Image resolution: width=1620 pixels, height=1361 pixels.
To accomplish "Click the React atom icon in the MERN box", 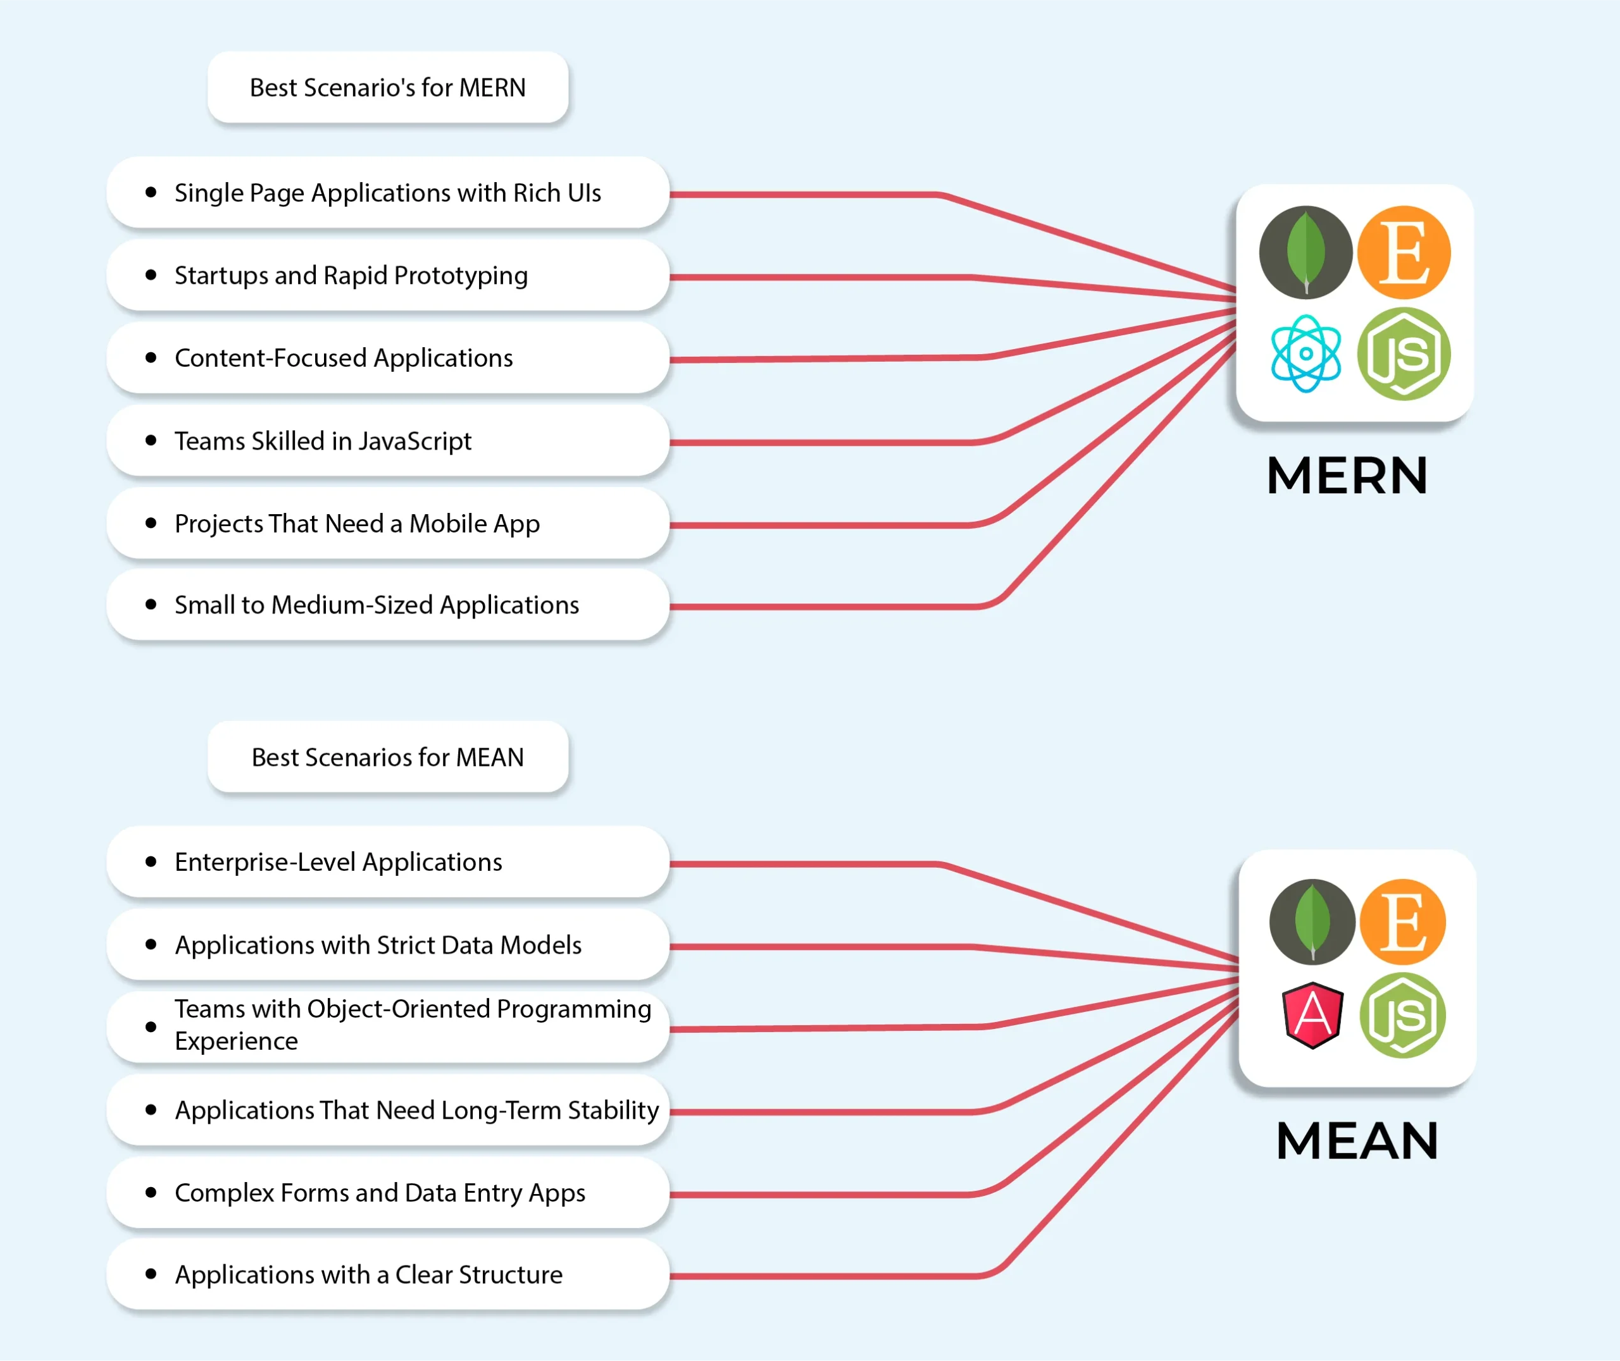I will click(1306, 354).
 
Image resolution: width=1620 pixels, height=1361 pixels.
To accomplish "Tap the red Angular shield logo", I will click(1312, 1014).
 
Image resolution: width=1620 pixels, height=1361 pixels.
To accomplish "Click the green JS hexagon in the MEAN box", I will click(1402, 1015).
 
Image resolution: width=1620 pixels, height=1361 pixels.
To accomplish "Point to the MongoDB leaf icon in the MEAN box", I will click(1312, 921).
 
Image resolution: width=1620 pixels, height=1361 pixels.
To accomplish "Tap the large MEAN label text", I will click(1357, 1140).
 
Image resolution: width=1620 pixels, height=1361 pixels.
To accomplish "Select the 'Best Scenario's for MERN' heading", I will click(387, 87).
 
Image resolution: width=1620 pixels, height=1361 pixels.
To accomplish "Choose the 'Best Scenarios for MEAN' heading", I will click(387, 757).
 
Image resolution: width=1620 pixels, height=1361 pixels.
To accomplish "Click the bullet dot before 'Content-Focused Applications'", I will click(151, 357).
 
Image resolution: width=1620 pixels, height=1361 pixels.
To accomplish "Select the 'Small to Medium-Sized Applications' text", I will click(377, 605).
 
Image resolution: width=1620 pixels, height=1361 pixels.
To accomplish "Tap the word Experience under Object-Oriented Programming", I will click(236, 1041).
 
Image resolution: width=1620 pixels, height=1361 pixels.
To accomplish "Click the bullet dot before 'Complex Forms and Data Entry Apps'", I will click(151, 1192).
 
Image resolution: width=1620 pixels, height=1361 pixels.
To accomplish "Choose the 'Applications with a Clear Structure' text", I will click(369, 1274).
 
